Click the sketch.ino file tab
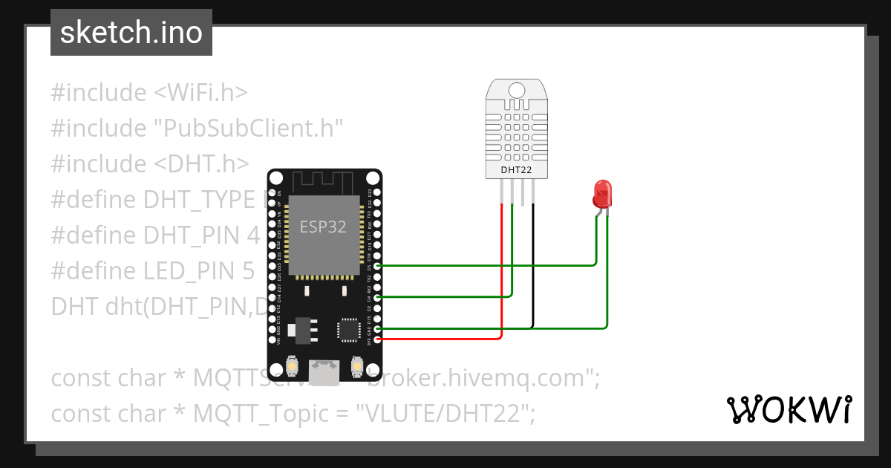131,33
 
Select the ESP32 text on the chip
323,227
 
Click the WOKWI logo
789,409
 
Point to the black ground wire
532,267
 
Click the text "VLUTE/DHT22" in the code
446,413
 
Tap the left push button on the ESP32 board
292,366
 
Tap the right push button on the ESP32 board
358,366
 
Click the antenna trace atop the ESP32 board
324,181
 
